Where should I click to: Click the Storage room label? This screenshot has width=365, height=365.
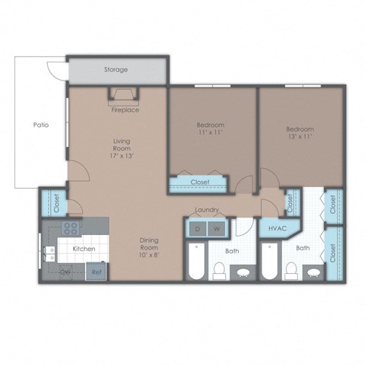[116, 70]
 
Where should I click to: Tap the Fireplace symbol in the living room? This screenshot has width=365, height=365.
[125, 95]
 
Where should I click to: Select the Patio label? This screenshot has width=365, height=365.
[41, 125]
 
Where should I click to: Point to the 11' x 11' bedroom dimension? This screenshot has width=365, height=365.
[211, 132]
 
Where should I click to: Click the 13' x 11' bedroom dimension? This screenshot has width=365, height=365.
[300, 138]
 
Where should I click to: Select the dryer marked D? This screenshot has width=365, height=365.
[198, 229]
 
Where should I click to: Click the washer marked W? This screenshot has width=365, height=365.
[216, 229]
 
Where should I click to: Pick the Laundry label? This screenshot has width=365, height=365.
[207, 210]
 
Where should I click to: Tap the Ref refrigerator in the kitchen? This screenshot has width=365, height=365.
[97, 271]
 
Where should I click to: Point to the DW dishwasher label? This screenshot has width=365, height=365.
[66, 271]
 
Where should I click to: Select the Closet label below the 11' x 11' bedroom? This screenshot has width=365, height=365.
[199, 182]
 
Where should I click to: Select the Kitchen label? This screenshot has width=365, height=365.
[83, 249]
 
